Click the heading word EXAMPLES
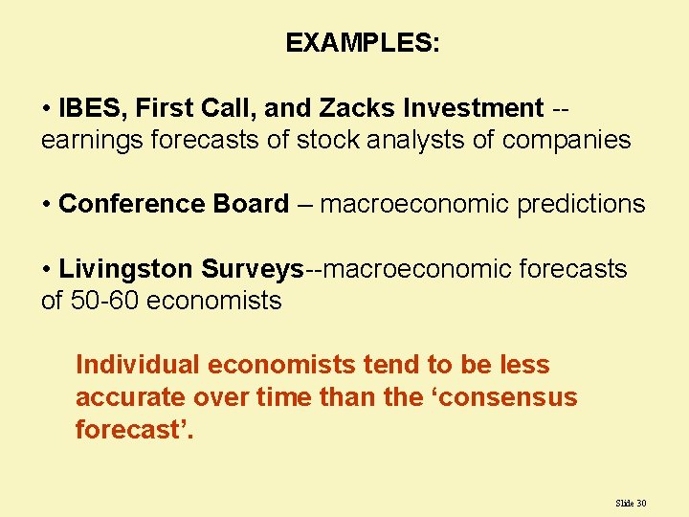361,43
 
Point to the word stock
326,140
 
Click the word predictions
581,204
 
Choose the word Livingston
126,269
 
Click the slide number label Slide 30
632,503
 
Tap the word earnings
90,140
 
